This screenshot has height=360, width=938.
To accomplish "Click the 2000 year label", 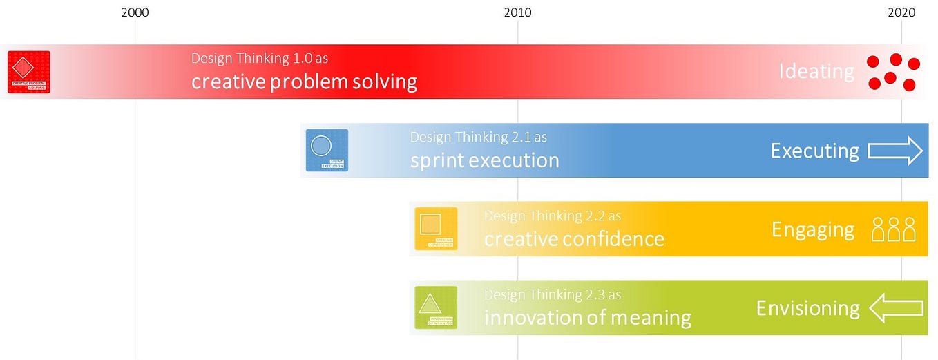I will click(x=135, y=12).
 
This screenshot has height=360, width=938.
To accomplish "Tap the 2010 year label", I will click(x=517, y=12).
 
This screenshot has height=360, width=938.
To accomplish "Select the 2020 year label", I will click(x=901, y=12).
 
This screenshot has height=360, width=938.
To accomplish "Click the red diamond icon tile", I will click(x=28, y=72).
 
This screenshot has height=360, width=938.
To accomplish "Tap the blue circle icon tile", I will click(x=327, y=150).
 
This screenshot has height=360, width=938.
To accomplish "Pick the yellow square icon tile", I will click(x=436, y=229).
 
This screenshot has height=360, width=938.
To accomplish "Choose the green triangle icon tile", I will click(x=435, y=307).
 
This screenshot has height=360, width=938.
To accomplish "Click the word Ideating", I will click(x=816, y=72).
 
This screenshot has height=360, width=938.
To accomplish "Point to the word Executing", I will click(x=814, y=151).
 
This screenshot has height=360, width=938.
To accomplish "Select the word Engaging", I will click(x=813, y=229).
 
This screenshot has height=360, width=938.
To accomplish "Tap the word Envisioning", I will click(x=807, y=308).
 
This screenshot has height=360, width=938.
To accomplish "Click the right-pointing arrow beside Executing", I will click(x=895, y=151).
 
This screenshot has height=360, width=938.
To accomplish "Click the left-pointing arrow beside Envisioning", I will click(x=896, y=308).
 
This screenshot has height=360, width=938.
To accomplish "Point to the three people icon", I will click(x=893, y=229).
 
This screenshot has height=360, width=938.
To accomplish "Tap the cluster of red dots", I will click(x=893, y=72).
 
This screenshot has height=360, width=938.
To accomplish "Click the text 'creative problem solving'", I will click(x=304, y=82).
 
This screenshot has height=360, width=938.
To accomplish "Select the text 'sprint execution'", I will click(x=484, y=160).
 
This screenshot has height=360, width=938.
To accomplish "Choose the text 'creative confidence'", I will click(x=574, y=239).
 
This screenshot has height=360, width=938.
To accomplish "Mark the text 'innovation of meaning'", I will click(x=587, y=318).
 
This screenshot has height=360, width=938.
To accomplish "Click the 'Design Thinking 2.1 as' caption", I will click(x=478, y=137).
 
